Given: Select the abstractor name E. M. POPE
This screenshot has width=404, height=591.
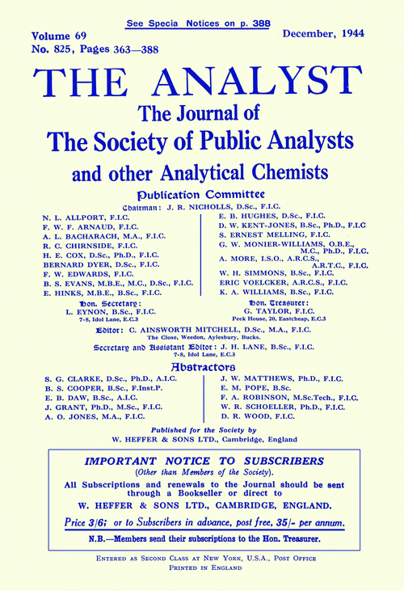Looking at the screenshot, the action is [243, 388].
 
